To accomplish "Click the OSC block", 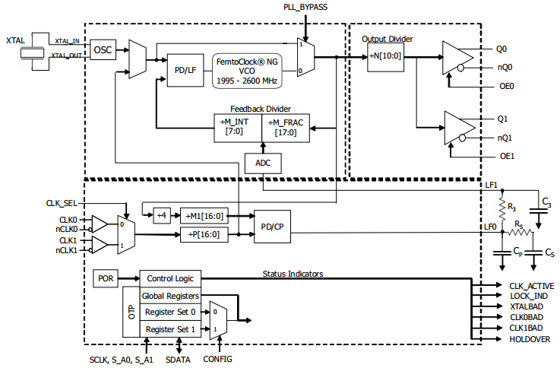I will click(102, 50).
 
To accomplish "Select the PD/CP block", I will click(271, 226).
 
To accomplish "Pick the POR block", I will click(105, 279).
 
